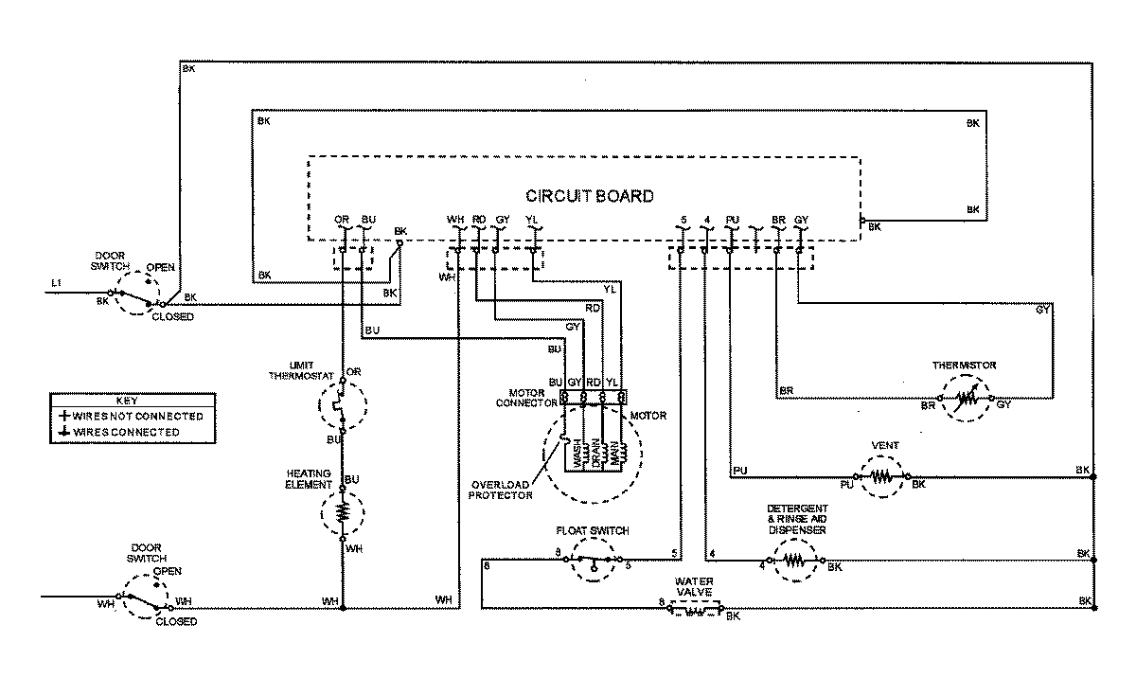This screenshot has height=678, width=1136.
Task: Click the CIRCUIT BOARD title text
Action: (x=589, y=197)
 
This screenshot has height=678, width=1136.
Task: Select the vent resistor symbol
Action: (x=882, y=477)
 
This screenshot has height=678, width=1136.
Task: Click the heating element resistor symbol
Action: (x=343, y=512)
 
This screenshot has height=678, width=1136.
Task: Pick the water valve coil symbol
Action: (x=695, y=613)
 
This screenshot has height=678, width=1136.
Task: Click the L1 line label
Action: (x=57, y=284)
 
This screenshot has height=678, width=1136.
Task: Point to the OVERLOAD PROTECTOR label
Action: (x=501, y=489)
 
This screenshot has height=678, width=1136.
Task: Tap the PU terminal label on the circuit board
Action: (x=731, y=221)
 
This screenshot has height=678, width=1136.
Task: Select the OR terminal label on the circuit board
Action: (x=342, y=221)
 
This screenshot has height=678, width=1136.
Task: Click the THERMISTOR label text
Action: (x=964, y=365)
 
